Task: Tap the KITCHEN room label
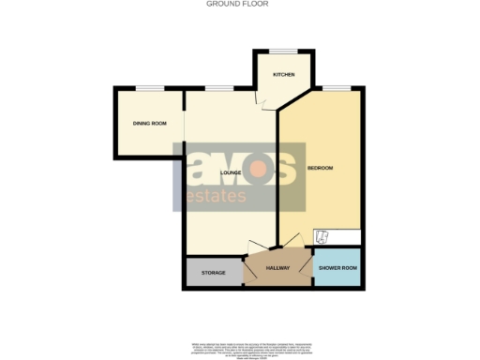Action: point(284,74)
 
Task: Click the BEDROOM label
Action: point(320,168)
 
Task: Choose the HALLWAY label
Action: point(277,269)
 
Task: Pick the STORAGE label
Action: point(213,272)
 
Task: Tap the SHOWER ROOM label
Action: point(337,269)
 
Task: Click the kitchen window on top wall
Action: point(284,50)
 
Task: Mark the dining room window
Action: point(148,88)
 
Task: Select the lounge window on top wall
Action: point(219,88)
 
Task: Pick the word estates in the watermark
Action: point(216,197)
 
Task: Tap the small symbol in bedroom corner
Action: point(321,236)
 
